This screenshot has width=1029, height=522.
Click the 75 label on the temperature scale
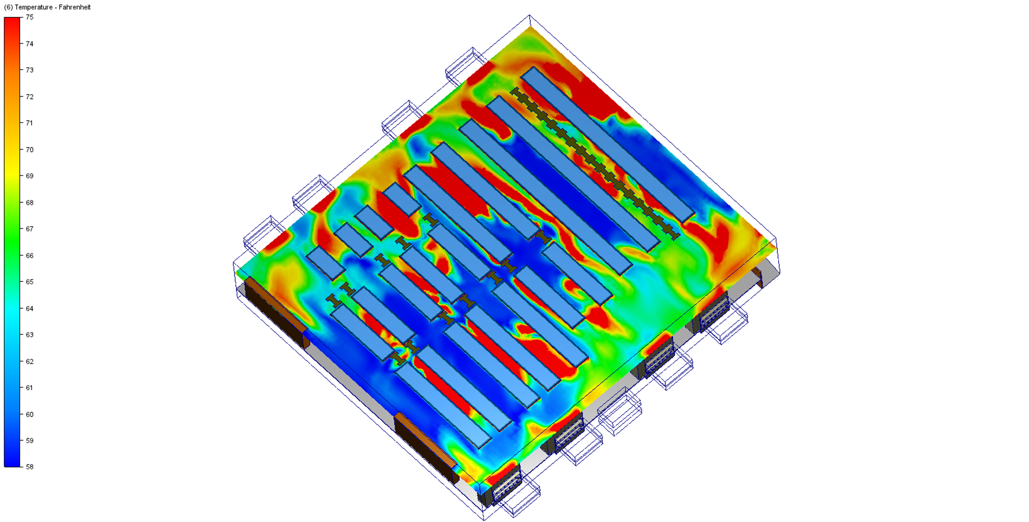pos(29,17)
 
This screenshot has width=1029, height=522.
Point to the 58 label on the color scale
pos(29,466)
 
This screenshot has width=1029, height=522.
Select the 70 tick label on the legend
pos(29,150)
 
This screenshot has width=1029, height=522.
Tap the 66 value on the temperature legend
pos(29,255)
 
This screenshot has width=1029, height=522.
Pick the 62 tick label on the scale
pos(29,361)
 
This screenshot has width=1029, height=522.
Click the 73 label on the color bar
pos(29,70)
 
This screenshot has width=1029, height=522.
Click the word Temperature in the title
pos(34,7)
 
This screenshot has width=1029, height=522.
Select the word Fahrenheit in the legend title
pos(75,7)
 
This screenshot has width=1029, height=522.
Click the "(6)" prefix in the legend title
pos(8,7)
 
